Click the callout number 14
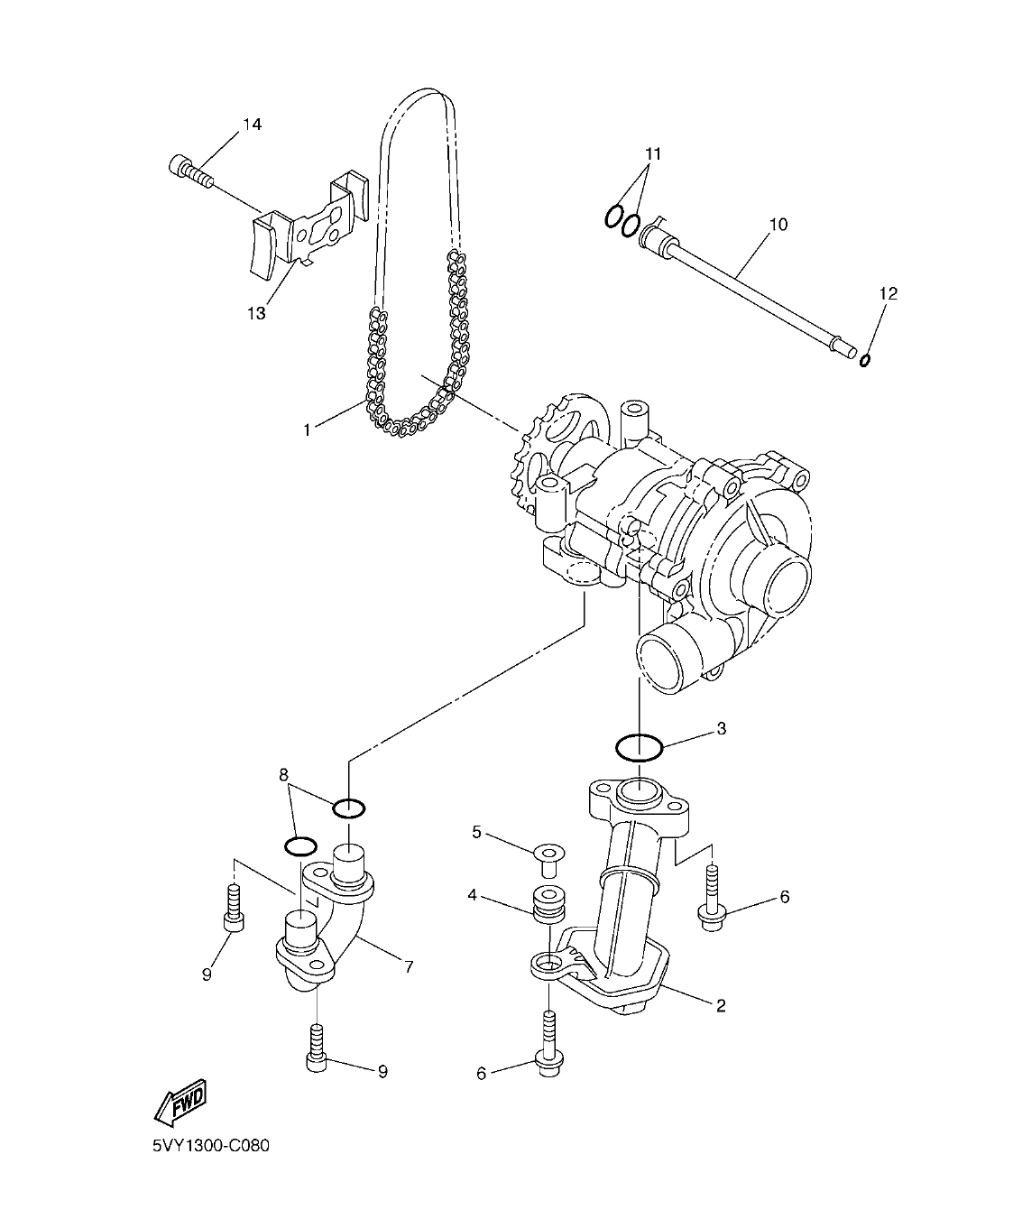point(252,125)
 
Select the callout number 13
point(256,313)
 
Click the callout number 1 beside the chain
point(307,430)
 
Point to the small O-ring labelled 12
point(864,361)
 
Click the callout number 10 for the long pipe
point(778,224)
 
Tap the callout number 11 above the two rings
point(653,153)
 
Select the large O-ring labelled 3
point(640,747)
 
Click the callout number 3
point(722,728)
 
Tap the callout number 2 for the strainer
point(721,1005)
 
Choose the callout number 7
point(409,966)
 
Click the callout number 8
point(283,774)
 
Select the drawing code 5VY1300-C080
point(212,1146)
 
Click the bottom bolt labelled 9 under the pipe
point(317,1048)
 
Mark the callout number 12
point(889,293)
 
